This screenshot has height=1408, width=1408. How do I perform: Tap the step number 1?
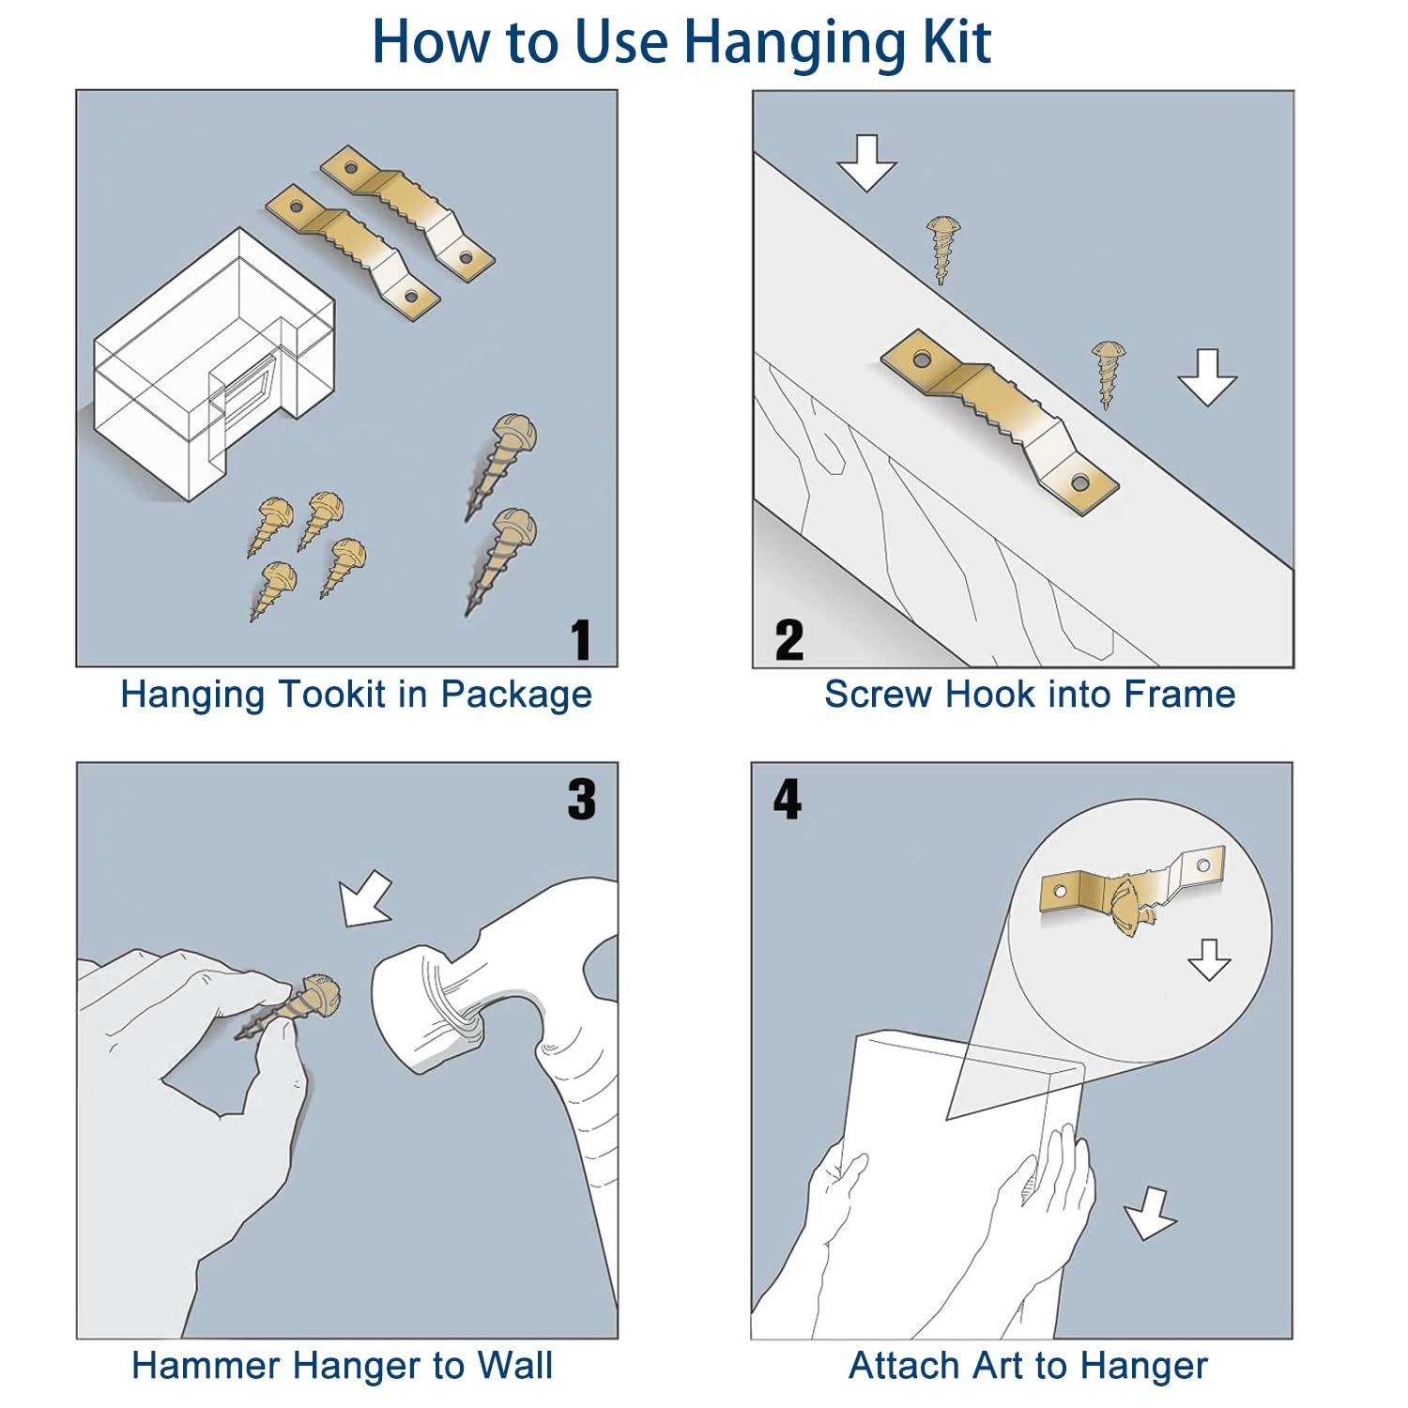pos(582,640)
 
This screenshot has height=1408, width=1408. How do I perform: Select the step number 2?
pos(789,640)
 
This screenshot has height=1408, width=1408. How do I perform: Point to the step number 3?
pos(582,800)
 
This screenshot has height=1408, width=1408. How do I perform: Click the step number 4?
pos(788,800)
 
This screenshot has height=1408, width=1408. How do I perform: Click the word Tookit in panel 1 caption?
pos(333,695)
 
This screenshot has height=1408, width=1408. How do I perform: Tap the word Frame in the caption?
pos(1180,695)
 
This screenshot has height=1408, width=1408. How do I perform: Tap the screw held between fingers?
pos(287,1008)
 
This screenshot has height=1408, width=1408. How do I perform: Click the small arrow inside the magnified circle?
pos(1209,959)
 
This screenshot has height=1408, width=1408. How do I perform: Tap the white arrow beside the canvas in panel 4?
pos(1150,1214)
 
